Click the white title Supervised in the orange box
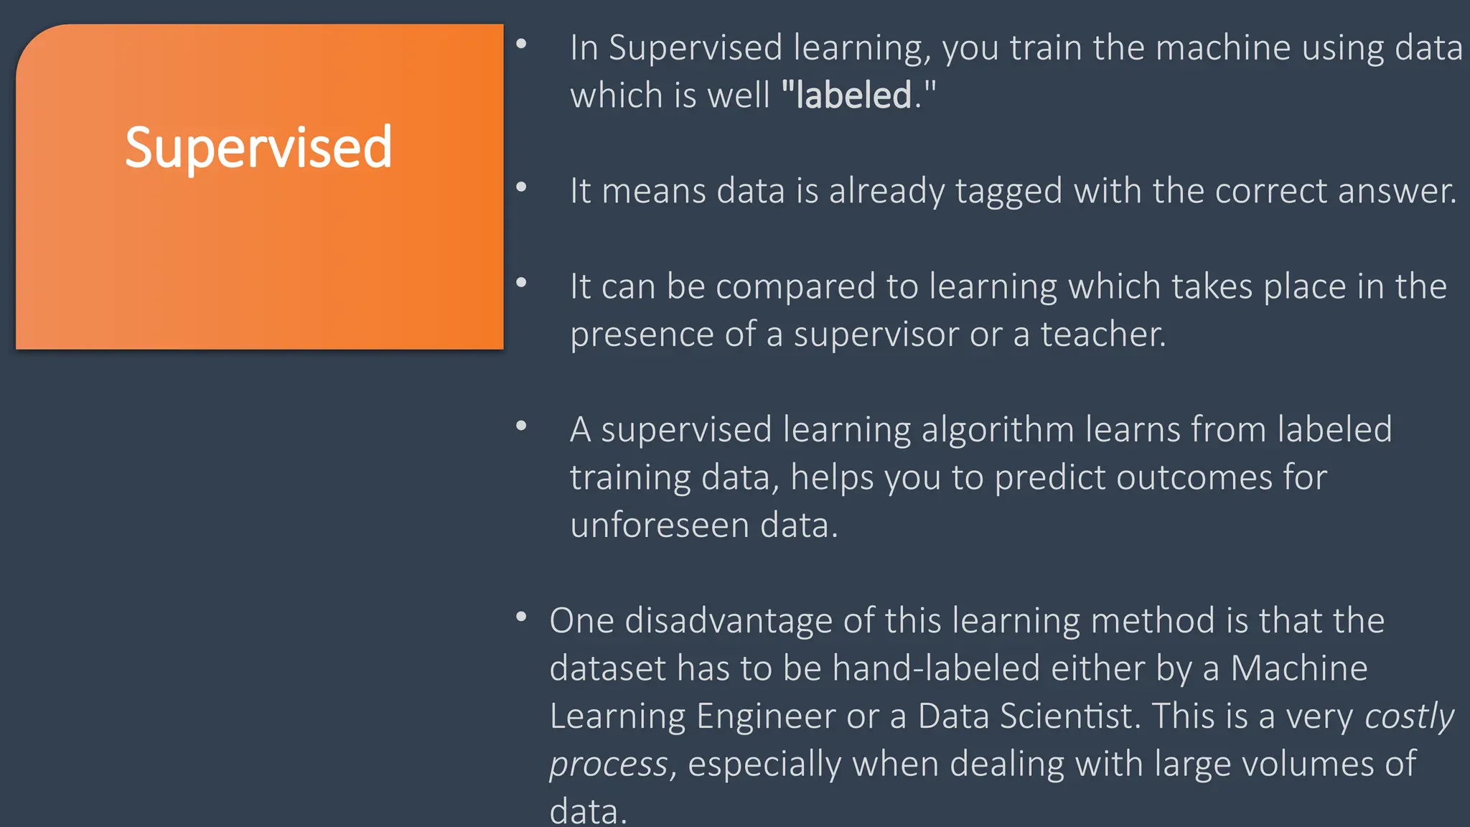[x=258, y=148]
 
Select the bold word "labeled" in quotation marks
[x=853, y=95]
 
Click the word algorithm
[x=998, y=430]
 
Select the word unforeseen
[x=660, y=525]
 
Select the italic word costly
[x=1409, y=716]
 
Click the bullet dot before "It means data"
[x=522, y=187]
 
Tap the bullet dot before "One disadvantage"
[x=522, y=617]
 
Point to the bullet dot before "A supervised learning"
[x=522, y=426]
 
